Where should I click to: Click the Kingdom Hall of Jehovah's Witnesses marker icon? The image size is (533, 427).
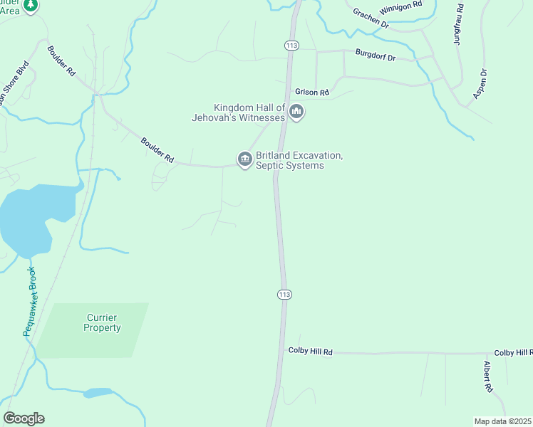[296, 111]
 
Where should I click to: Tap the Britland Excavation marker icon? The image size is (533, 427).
[244, 159]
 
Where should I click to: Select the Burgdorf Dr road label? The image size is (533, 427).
[376, 56]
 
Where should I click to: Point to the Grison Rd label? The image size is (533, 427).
[312, 93]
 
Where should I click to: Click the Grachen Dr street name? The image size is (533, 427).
[371, 18]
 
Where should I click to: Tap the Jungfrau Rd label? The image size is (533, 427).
[459, 24]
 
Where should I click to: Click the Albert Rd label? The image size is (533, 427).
[489, 376]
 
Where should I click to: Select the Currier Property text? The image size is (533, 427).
[102, 322]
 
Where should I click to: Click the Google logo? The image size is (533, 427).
[24, 418]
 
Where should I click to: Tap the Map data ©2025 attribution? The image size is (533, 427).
[502, 421]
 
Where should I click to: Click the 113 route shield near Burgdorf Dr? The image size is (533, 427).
[291, 45]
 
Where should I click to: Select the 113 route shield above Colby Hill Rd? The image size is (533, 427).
[284, 294]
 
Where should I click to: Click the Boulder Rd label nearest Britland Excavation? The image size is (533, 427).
[157, 150]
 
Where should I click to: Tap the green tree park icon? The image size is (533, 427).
[30, 6]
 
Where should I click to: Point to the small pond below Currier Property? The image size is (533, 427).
[98, 393]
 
